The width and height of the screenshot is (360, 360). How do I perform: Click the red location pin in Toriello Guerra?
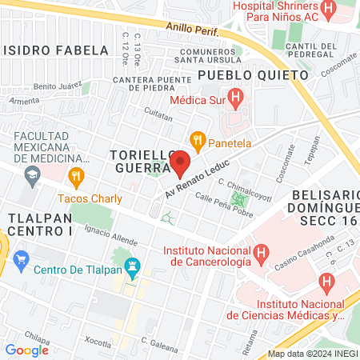click(x=180, y=162)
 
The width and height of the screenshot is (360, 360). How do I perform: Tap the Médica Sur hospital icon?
click(x=235, y=99)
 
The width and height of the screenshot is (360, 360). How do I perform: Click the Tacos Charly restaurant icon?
click(x=77, y=176)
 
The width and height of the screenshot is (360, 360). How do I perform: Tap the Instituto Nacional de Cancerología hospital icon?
click(x=262, y=254)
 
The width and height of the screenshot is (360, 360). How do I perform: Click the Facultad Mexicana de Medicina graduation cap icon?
click(x=31, y=175)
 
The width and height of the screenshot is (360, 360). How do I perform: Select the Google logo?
click(x=26, y=350)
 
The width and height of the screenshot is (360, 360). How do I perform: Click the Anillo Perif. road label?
click(x=193, y=28)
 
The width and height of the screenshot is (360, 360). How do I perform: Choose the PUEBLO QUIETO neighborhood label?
click(x=252, y=74)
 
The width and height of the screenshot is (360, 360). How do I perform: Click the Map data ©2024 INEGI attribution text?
click(x=312, y=353)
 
